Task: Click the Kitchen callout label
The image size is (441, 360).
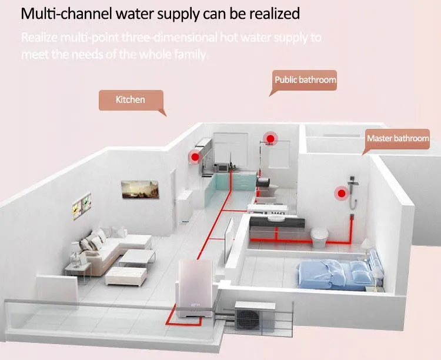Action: (x=130, y=99)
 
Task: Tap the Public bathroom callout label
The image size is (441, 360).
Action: (x=305, y=80)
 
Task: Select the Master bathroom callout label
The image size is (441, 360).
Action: (x=397, y=139)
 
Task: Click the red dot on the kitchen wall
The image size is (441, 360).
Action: (x=193, y=156)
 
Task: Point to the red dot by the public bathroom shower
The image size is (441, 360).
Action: (x=270, y=139)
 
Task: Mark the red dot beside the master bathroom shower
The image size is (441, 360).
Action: (x=340, y=193)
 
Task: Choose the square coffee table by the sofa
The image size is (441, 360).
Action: (x=137, y=257)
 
